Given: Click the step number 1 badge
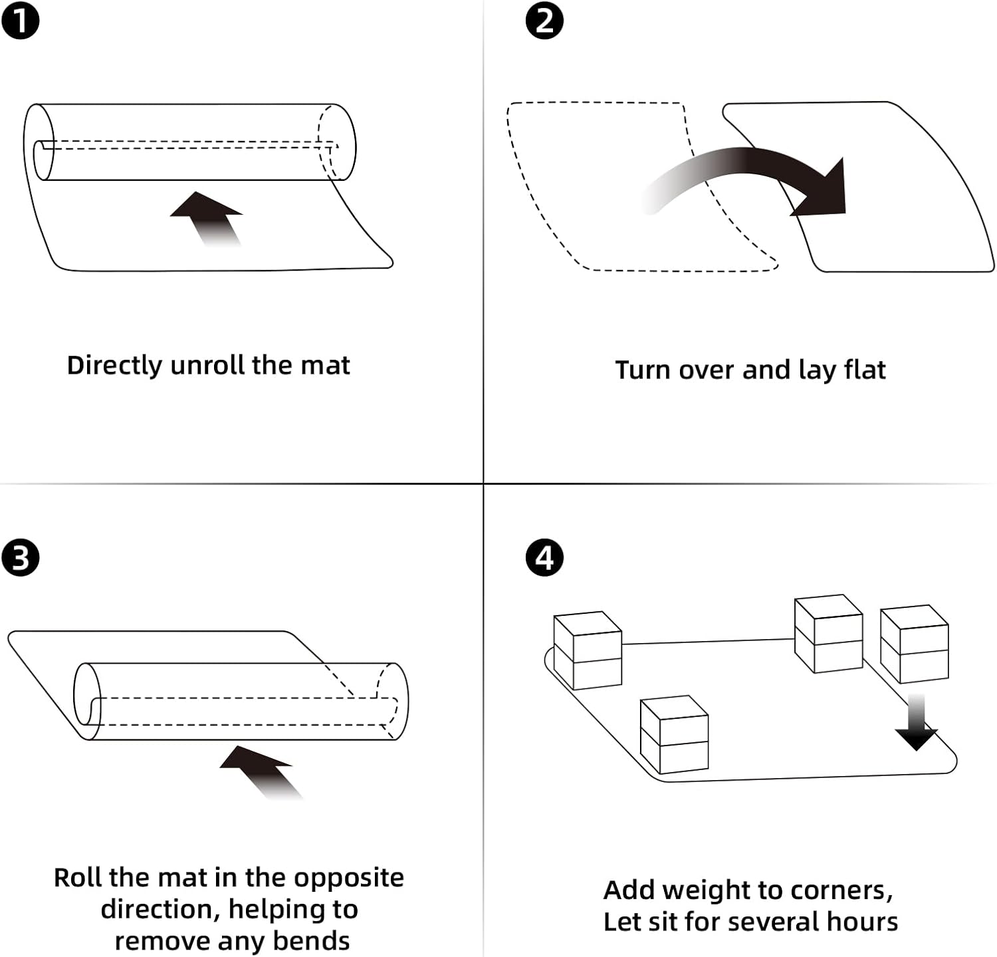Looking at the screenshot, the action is [x=20, y=20].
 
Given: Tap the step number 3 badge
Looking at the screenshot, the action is [x=20, y=557].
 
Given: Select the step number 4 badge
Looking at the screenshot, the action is [x=544, y=557].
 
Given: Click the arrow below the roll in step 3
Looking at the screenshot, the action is [x=260, y=772].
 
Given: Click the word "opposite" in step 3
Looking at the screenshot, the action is [x=349, y=879].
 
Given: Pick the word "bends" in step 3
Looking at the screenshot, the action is [x=311, y=941].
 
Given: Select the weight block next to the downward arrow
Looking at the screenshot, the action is [x=915, y=644].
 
